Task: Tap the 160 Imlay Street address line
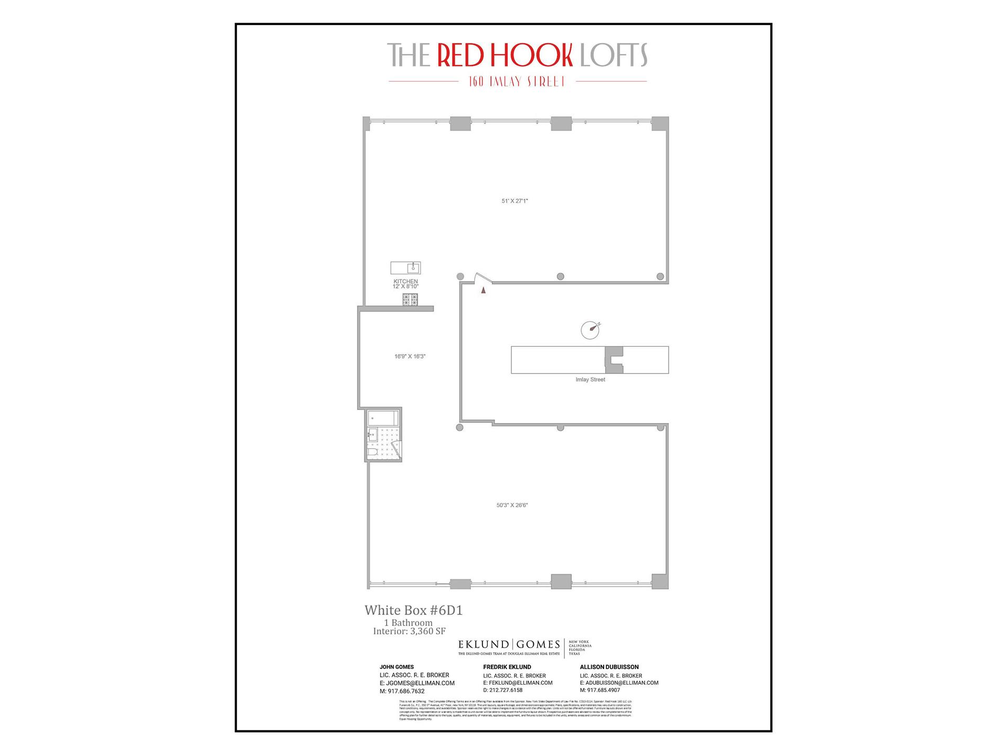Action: point(517,82)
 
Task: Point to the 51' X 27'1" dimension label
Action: point(515,201)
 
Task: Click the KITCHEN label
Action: point(405,282)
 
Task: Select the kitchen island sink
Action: point(413,268)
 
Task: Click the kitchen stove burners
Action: point(410,299)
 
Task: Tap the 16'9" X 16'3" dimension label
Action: point(410,357)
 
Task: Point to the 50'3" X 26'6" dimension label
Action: point(512,505)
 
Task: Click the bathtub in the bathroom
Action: point(383,418)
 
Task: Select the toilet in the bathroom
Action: point(372,452)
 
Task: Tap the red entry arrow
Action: point(484,289)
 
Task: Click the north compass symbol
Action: point(591,329)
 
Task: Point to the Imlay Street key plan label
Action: point(590,380)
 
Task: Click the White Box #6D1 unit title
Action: point(413,610)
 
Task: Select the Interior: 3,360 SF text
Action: point(409,631)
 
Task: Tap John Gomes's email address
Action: point(417,683)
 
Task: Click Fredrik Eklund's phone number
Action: point(502,691)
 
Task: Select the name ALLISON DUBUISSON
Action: point(609,667)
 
